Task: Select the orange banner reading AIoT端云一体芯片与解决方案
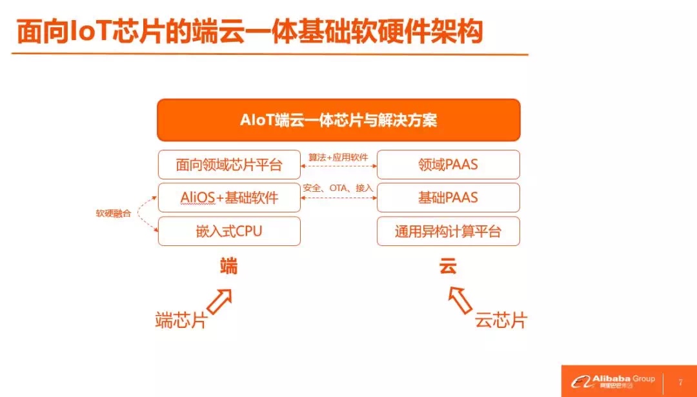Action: pyautogui.click(x=339, y=120)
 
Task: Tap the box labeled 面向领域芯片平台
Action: pyautogui.click(x=229, y=165)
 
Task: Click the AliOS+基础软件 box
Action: pyautogui.click(x=229, y=198)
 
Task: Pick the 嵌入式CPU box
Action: pyautogui.click(x=229, y=231)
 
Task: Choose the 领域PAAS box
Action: pyautogui.click(x=448, y=165)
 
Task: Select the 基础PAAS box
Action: pyautogui.click(x=448, y=198)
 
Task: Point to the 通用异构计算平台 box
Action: pyautogui.click(x=448, y=231)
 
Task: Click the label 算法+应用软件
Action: pyautogui.click(x=338, y=156)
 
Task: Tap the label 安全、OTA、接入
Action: pyautogui.click(x=338, y=188)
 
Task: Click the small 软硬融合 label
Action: pyautogui.click(x=114, y=214)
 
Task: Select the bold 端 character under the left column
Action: pyautogui.click(x=229, y=266)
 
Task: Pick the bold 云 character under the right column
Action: pyautogui.click(x=448, y=266)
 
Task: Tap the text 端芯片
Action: pyautogui.click(x=181, y=320)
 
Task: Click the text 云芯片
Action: pyautogui.click(x=501, y=320)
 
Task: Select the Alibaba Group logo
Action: pyautogui.click(x=613, y=382)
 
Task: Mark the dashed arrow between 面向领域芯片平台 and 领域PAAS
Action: pyautogui.click(x=339, y=166)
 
